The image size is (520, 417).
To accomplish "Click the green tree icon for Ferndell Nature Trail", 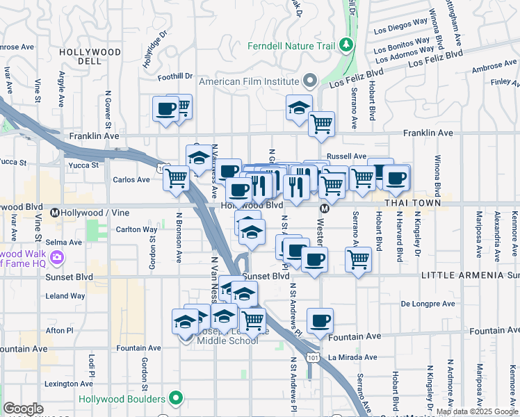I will click(346, 47).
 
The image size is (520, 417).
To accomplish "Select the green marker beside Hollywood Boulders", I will click(177, 399).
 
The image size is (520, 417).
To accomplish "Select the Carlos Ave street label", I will click(131, 179).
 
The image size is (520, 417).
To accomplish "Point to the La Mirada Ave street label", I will click(352, 358).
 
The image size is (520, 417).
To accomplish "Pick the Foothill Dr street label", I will click(174, 76).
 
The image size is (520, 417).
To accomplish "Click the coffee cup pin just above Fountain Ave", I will click(320, 321).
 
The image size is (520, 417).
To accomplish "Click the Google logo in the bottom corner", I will click(22, 409).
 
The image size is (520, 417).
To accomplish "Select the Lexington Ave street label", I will click(68, 384).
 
